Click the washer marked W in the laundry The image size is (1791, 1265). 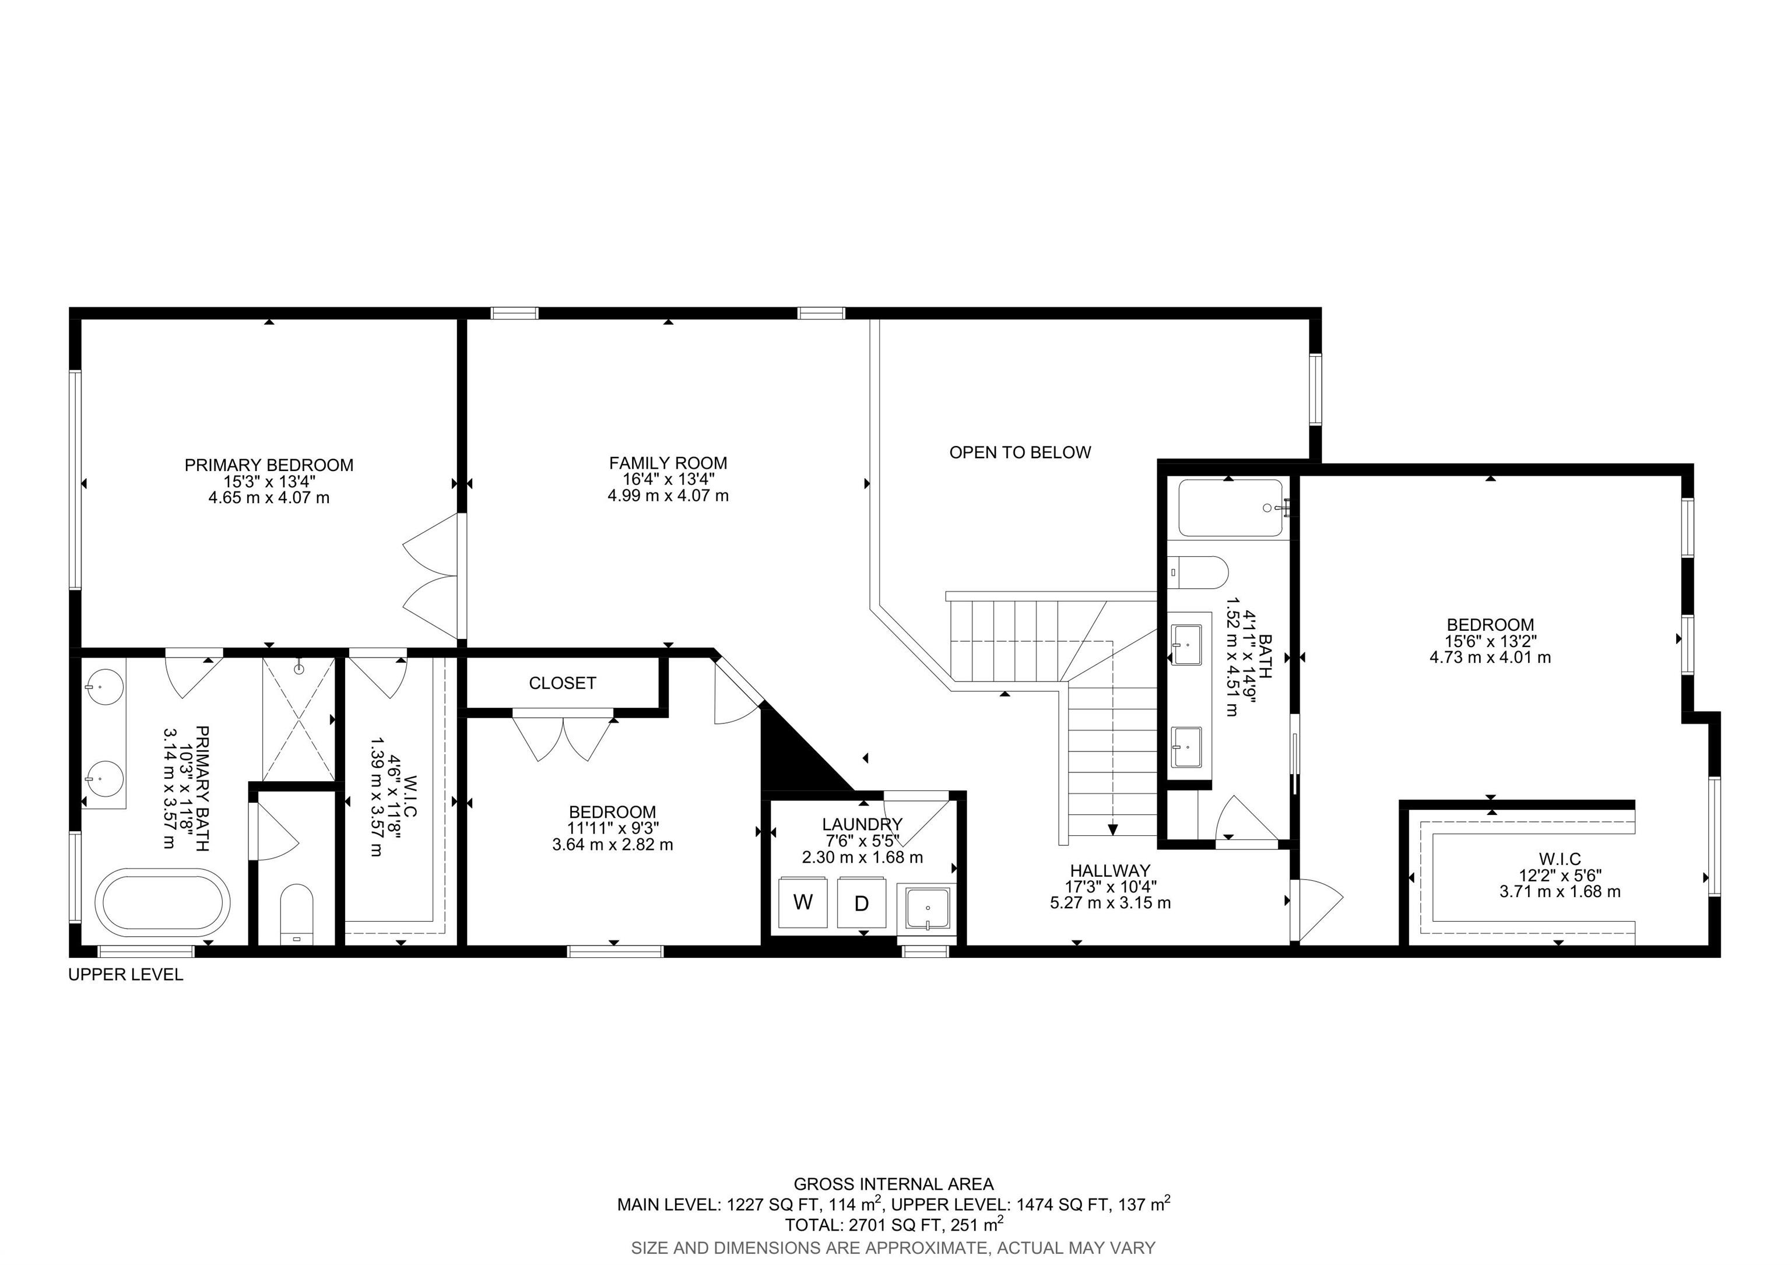803,902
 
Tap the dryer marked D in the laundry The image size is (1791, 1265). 861,903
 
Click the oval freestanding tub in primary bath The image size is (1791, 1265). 162,902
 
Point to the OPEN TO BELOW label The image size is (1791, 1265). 1020,452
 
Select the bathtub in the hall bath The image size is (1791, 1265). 1230,508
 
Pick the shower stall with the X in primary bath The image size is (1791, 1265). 298,719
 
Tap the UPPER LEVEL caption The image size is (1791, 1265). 125,975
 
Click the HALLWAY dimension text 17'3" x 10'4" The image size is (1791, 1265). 1110,887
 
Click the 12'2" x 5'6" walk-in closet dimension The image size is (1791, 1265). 1560,876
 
